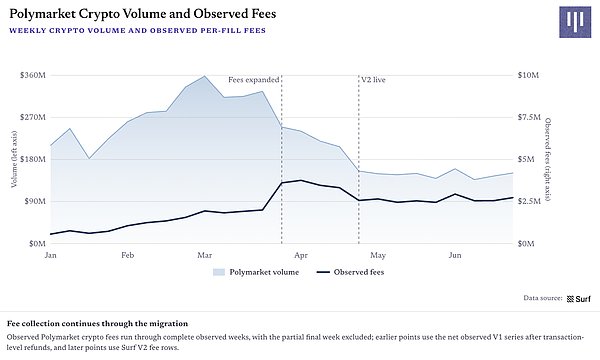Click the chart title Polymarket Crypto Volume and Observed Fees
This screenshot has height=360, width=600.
[x=142, y=14]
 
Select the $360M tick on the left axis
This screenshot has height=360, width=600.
[x=33, y=75]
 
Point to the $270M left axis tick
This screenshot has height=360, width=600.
[x=33, y=117]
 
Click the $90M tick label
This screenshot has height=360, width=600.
[x=35, y=201]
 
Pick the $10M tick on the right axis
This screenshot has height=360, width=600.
[x=528, y=75]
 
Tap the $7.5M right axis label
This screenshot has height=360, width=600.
[x=529, y=117]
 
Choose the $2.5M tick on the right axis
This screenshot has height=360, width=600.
[x=529, y=201]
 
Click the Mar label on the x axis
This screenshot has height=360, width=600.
[x=205, y=255]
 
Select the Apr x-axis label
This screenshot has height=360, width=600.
[x=301, y=255]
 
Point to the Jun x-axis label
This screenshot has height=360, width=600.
[x=455, y=255]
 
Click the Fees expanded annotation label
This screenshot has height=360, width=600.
[x=254, y=80]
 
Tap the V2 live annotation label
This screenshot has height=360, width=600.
[x=373, y=80]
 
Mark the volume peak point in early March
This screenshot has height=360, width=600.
[x=205, y=76]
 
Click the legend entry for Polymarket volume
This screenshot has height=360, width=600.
[x=256, y=272]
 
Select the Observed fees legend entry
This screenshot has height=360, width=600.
[x=350, y=272]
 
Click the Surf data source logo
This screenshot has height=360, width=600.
[x=578, y=299]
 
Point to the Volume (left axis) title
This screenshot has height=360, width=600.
[x=14, y=159]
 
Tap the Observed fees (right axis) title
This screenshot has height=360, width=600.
[x=548, y=159]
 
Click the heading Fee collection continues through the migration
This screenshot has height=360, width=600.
[x=98, y=324]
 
